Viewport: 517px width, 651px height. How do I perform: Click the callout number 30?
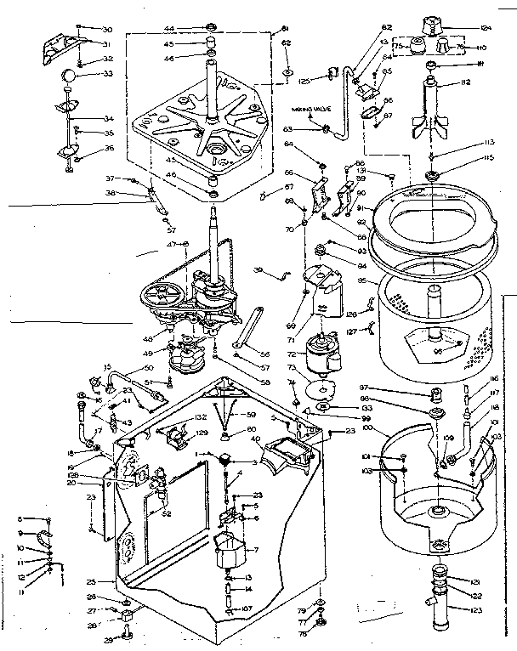107,29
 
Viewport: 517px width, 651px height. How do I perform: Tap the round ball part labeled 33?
68,77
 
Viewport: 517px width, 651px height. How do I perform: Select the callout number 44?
170,29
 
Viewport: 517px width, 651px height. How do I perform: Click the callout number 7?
253,550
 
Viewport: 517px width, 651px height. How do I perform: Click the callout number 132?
201,417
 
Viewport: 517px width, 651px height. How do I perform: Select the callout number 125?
303,81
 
